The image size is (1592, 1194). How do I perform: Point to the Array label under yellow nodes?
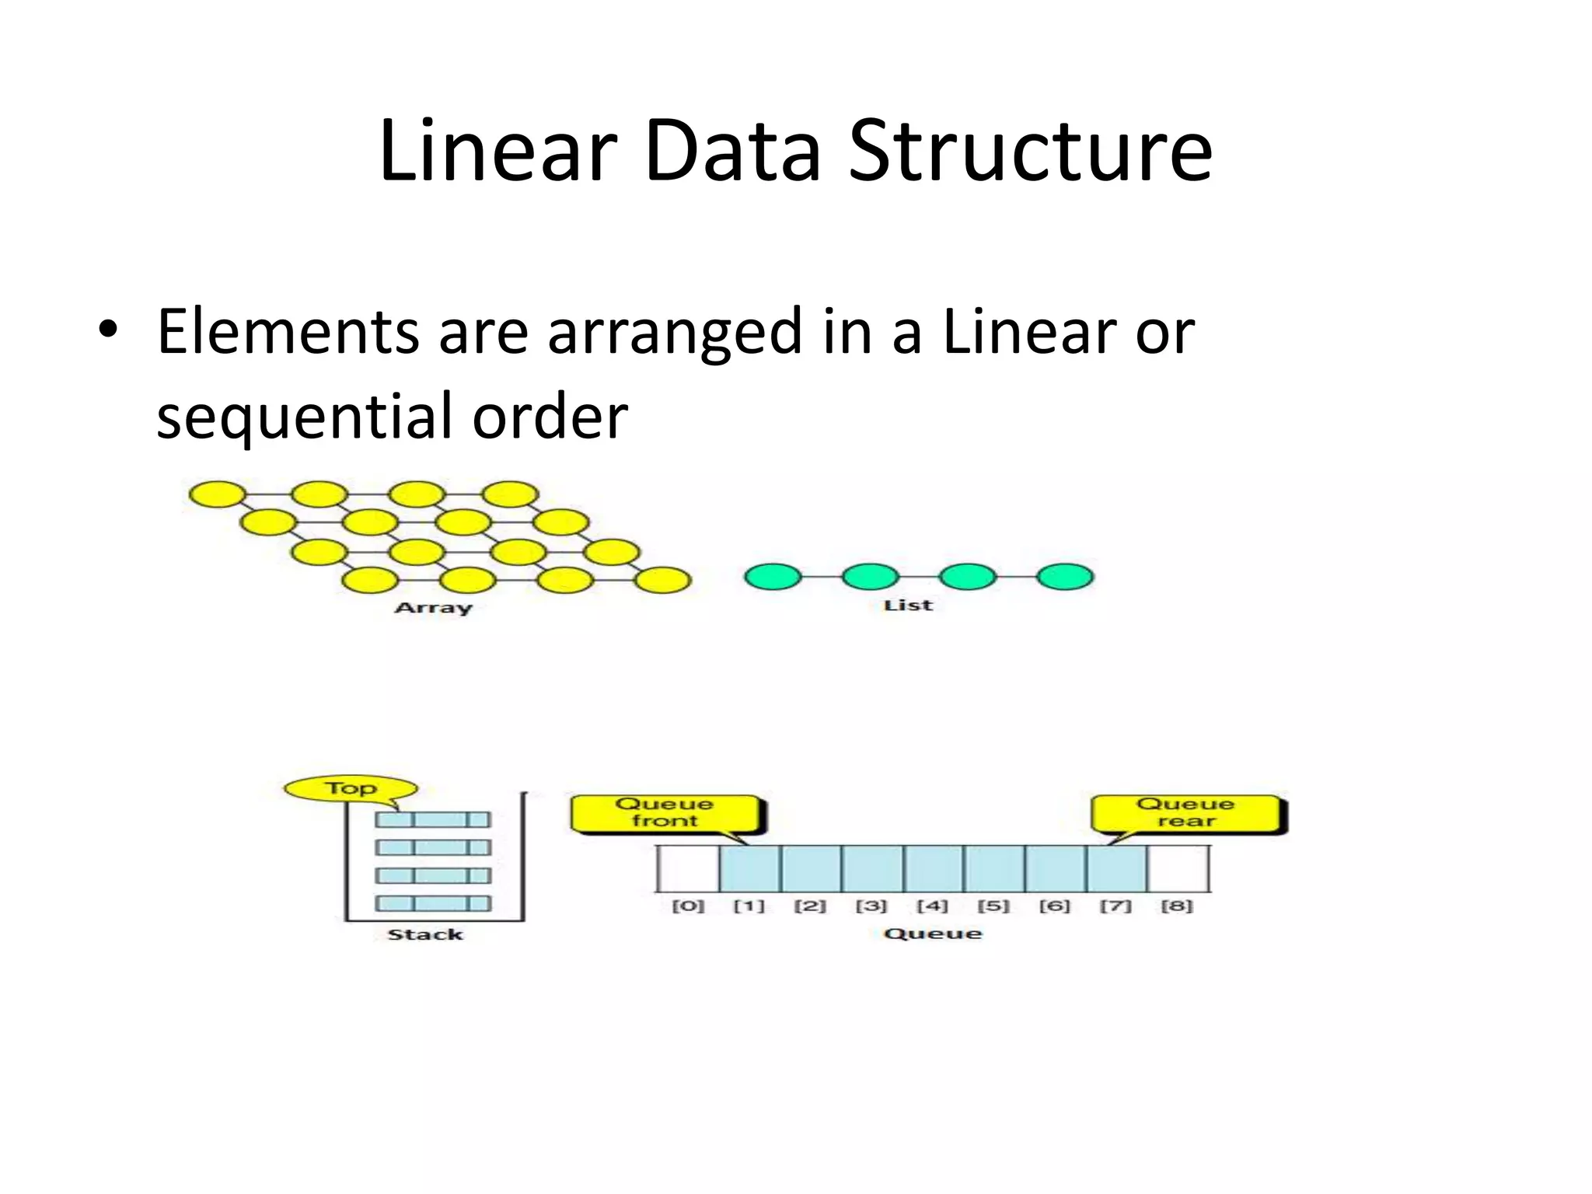(433, 608)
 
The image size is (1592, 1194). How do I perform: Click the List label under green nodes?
(907, 606)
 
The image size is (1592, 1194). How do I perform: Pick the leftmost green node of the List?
(773, 577)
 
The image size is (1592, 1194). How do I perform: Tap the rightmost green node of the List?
(1065, 577)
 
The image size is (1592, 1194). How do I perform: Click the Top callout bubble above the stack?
(351, 788)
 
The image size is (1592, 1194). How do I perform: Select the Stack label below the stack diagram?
(425, 934)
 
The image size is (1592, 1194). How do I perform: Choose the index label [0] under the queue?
(688, 906)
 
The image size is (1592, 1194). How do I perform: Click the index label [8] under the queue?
(1176, 906)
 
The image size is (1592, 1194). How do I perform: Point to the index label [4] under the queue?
(932, 906)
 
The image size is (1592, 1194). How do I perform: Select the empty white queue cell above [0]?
(688, 868)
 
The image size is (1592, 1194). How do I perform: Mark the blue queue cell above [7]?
(1116, 868)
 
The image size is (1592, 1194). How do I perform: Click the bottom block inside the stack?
(433, 903)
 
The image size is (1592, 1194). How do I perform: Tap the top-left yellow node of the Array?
(218, 494)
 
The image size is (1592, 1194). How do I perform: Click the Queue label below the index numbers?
(933, 934)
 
